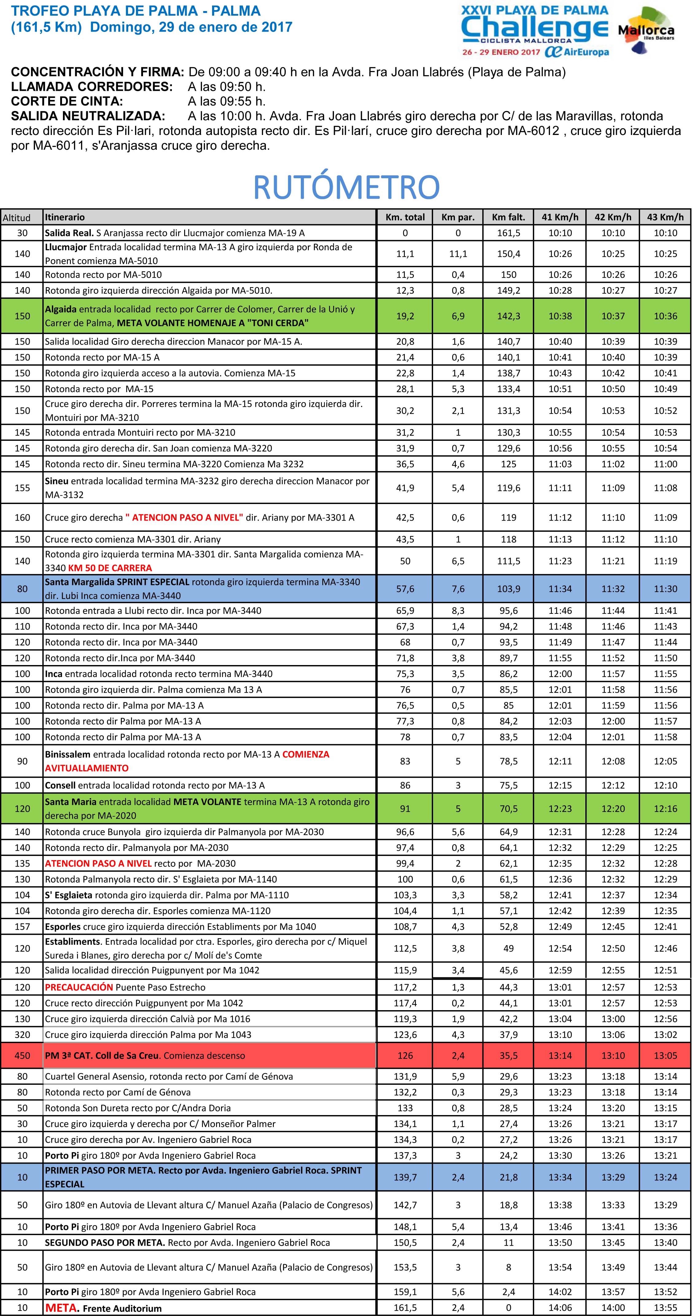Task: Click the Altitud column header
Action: [x=17, y=217]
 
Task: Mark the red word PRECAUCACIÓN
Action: [x=79, y=987]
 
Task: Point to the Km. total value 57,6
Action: [x=405, y=589]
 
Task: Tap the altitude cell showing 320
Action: [x=22, y=1034]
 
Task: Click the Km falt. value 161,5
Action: [x=509, y=233]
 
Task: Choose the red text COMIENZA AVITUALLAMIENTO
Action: [x=187, y=761]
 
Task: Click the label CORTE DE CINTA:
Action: [x=67, y=101]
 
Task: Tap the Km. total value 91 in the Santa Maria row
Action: [x=405, y=808]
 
